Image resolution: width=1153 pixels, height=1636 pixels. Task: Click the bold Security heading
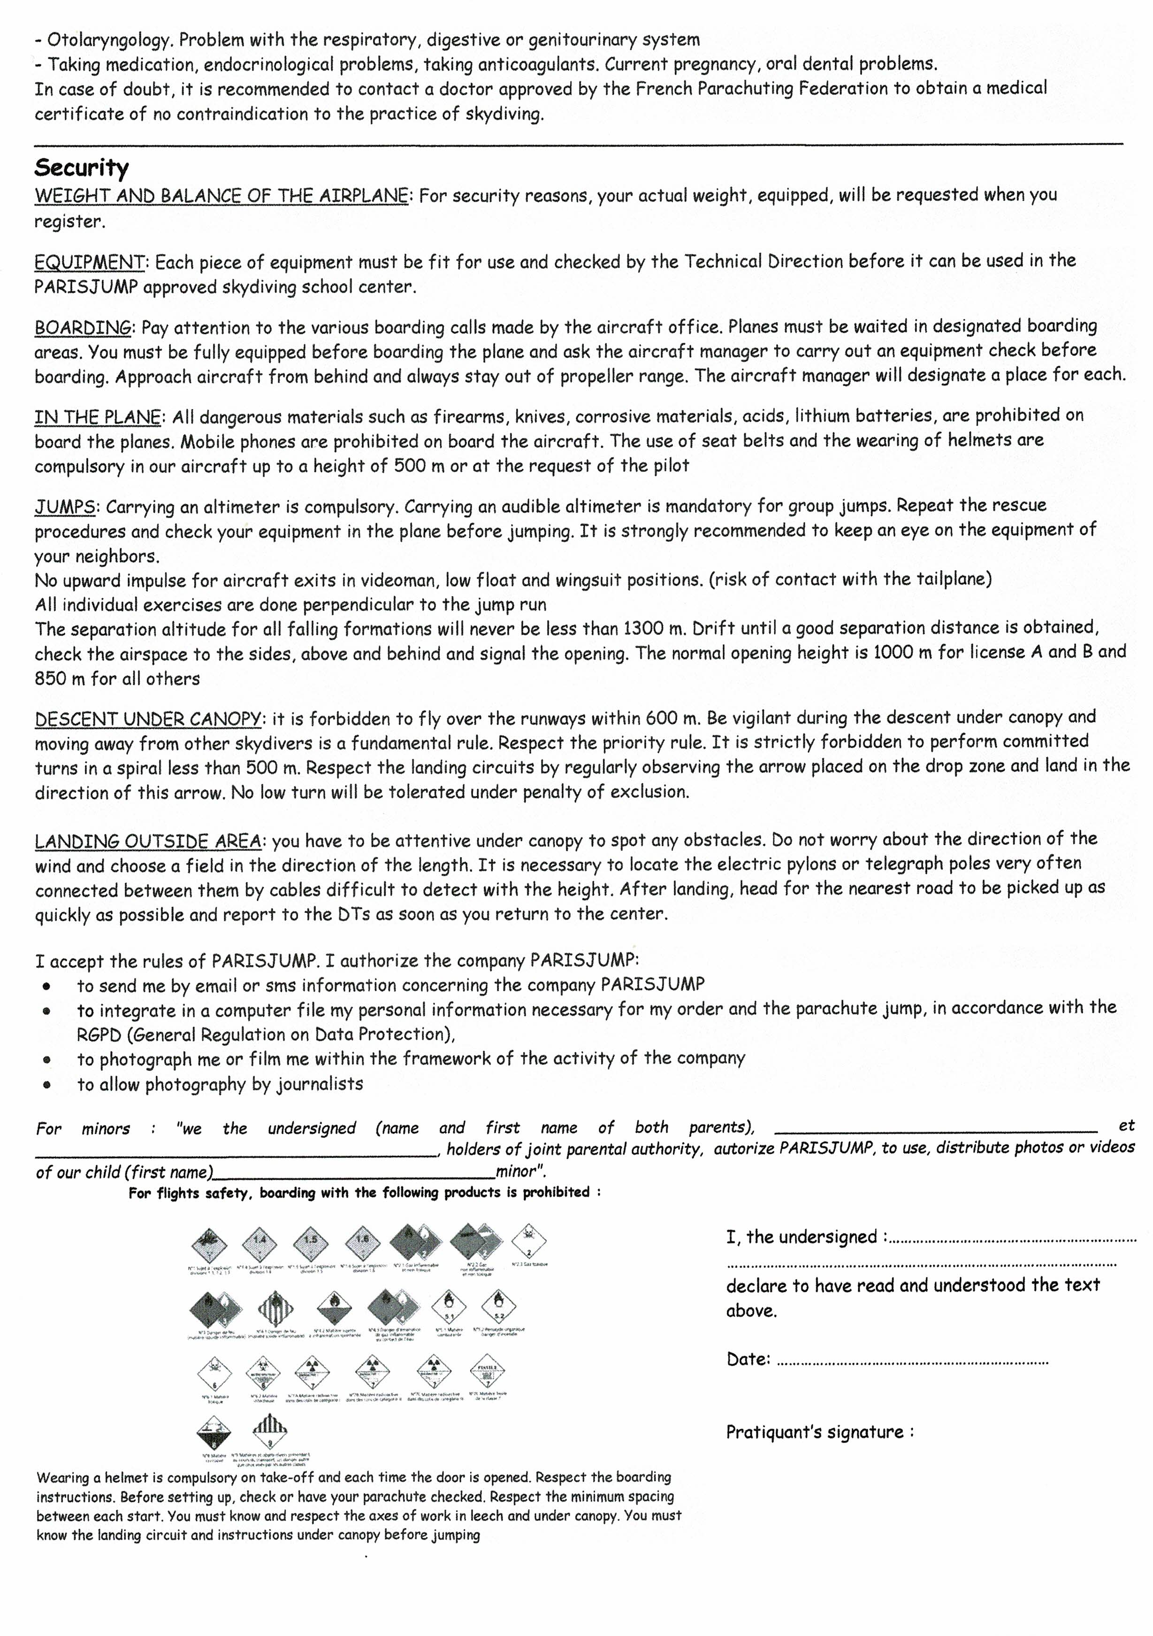coord(81,168)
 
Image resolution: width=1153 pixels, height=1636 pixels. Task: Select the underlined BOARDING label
coord(83,328)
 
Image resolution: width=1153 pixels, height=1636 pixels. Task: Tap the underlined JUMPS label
coord(65,507)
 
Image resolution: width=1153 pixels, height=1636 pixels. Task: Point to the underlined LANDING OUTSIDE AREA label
coord(147,841)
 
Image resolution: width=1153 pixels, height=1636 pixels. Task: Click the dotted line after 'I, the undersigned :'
coord(1011,1241)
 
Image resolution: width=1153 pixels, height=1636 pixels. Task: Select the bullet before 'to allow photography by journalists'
coord(47,1085)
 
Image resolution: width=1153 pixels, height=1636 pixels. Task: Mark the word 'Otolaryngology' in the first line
coord(110,40)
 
